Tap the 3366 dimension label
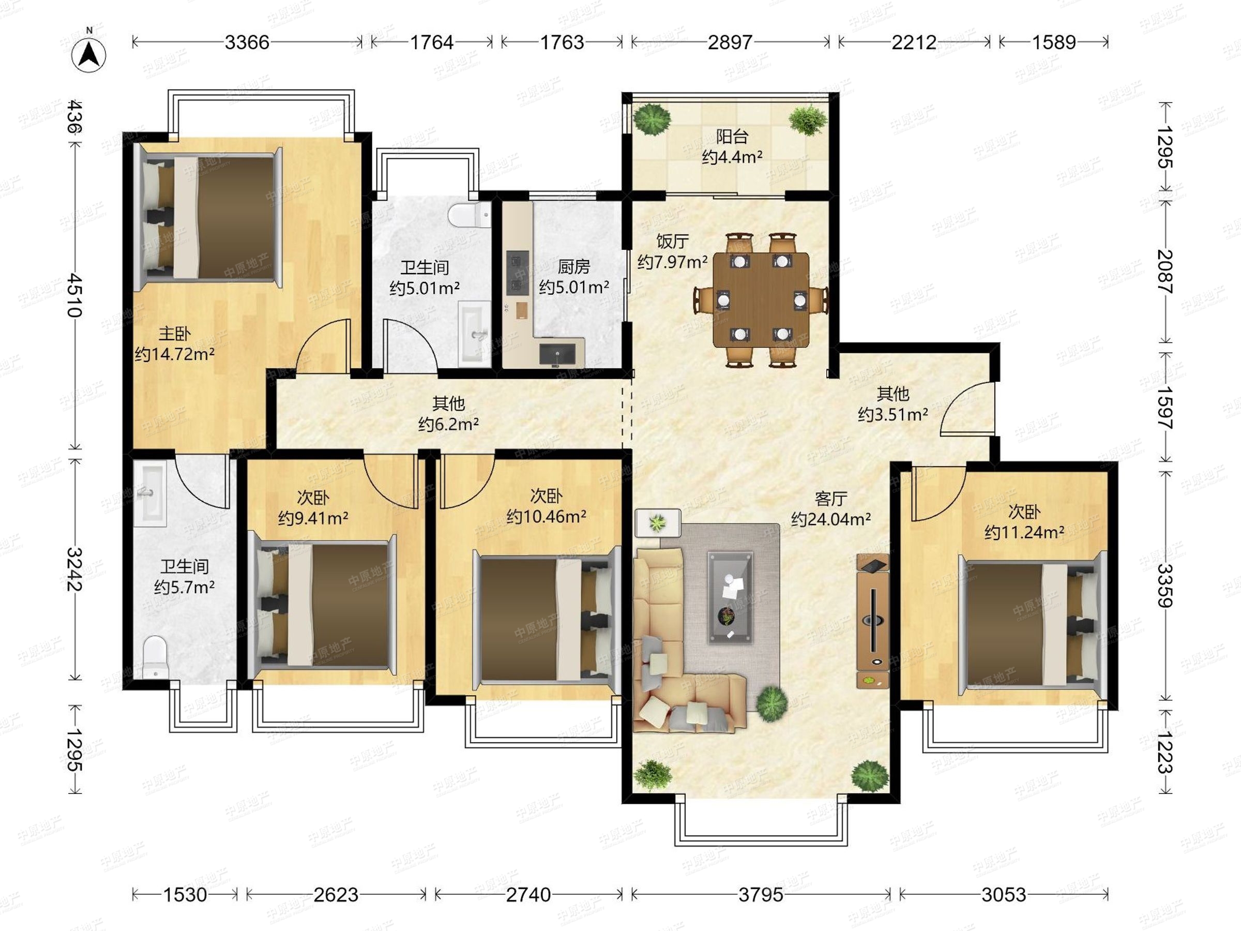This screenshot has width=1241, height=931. pos(247,42)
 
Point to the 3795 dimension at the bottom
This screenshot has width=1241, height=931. pos(760,894)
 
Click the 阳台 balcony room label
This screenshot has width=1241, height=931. pos(732,137)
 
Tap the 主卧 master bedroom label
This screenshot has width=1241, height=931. pos(174,334)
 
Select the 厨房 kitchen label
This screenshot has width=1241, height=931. pos(574,266)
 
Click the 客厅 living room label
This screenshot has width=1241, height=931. pos(831,498)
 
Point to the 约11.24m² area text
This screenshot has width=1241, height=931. pos(1024,532)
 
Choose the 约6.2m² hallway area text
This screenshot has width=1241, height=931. pos(448,424)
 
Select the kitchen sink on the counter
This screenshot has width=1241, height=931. pos(557,354)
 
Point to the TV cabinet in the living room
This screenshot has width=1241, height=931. pos(872,621)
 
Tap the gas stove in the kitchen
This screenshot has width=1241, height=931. pos(517,273)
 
